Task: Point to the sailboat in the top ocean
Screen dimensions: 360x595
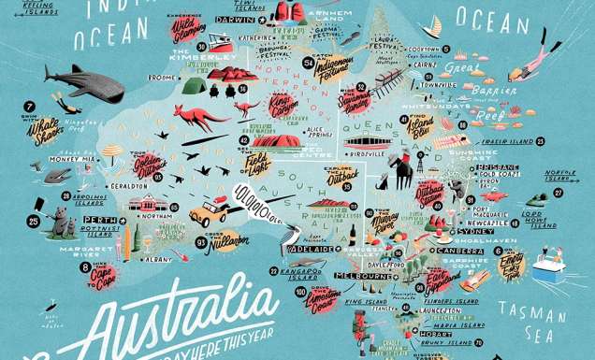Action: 432,23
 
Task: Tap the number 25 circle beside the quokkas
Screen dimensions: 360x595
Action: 34,222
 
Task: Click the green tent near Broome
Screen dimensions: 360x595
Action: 194,86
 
